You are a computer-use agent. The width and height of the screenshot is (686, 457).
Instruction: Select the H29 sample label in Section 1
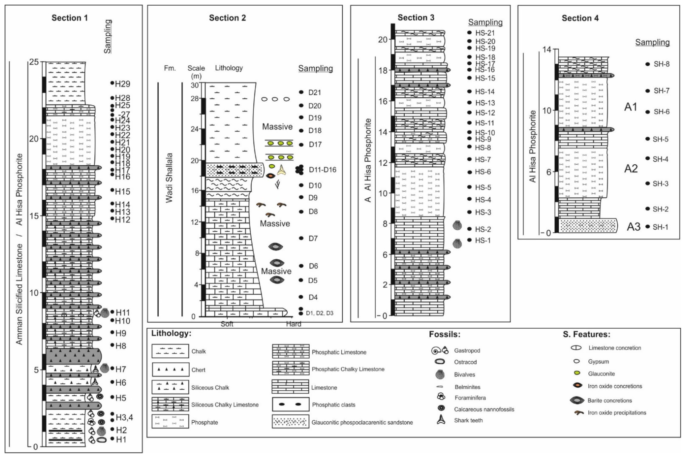(122, 84)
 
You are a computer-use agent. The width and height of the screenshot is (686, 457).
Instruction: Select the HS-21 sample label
(485, 33)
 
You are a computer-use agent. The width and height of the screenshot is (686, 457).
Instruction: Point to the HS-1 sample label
(483, 240)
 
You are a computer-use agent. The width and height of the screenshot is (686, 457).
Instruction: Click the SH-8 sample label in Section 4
(661, 64)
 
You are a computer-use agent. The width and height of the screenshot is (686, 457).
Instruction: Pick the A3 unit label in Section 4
(633, 227)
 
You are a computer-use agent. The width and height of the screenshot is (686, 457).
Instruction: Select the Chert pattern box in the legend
(170, 370)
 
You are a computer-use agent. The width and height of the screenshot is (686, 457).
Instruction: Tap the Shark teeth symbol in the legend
(441, 420)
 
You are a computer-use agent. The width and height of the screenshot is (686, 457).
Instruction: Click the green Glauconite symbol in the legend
(577, 373)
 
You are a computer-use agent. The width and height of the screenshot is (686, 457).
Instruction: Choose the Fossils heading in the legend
(444, 334)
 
